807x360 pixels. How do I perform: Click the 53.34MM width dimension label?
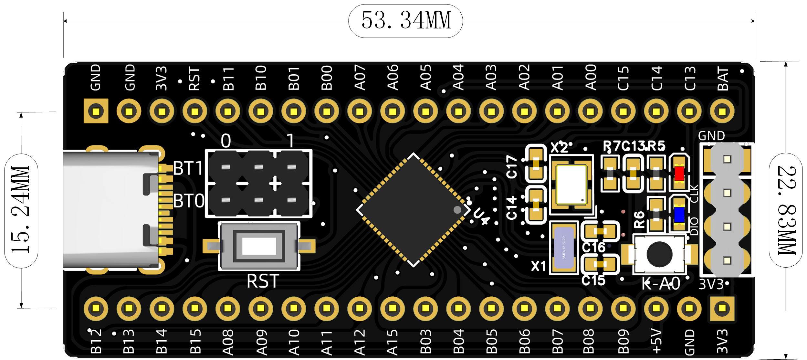tap(405, 21)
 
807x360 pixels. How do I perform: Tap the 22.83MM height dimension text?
tap(786, 210)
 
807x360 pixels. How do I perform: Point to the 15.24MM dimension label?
tap(21, 210)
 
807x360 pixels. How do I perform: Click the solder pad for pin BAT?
tap(722, 111)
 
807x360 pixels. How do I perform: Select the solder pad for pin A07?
tap(360, 111)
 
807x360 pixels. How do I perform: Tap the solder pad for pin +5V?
tap(656, 308)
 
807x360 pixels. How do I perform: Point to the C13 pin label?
tap(690, 79)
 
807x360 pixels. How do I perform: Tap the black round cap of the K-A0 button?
tap(659, 254)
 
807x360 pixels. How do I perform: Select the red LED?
tap(679, 174)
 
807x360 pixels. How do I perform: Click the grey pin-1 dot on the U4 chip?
tap(457, 210)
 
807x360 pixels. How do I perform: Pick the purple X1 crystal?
tap(564, 248)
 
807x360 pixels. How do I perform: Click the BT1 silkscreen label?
tap(188, 168)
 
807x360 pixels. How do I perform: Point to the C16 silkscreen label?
tap(593, 248)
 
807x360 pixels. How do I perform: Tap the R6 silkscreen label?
tap(639, 219)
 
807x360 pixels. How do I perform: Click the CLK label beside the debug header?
tap(694, 194)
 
